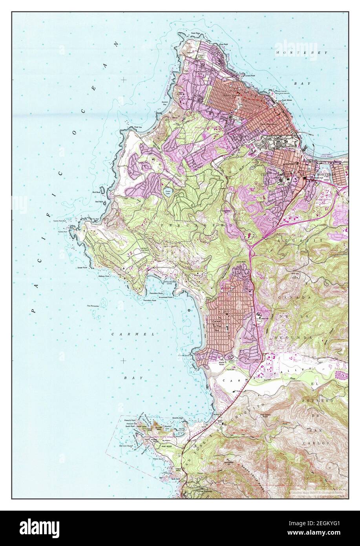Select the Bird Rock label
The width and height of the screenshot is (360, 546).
pyautogui.click(x=97, y=192)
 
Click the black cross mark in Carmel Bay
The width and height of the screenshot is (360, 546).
pyautogui.click(x=124, y=360)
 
